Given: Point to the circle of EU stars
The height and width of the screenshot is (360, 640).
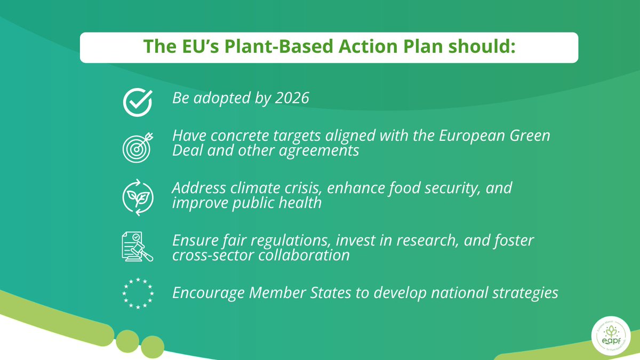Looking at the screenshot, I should [138, 293].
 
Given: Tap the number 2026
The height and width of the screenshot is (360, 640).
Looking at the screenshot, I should [293, 99].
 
